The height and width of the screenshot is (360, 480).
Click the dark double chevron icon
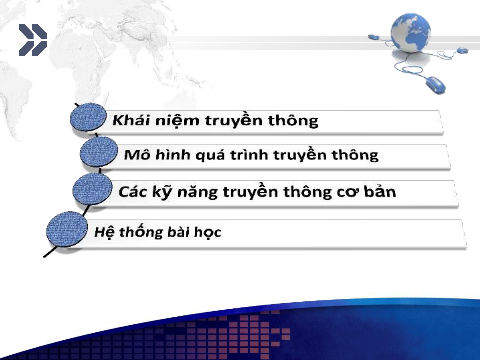tap(33, 40)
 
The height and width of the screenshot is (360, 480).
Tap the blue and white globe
tap(411, 33)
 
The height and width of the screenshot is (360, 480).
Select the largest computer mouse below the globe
tap(435, 85)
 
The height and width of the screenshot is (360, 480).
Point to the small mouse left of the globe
tap(374, 37)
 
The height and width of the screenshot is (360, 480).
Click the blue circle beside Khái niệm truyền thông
tap(88, 117)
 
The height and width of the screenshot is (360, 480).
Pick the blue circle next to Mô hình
tap(99, 152)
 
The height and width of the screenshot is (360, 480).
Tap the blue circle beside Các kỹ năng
tap(92, 189)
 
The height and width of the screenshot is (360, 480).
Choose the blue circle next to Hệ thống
tap(67, 229)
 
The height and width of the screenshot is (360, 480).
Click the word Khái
tap(131, 120)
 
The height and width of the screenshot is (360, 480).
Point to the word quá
tap(210, 155)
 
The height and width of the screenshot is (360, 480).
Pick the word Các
tap(133, 192)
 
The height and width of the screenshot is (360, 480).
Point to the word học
tap(208, 232)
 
